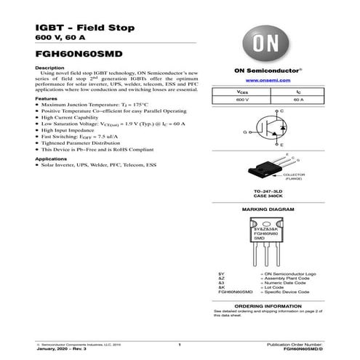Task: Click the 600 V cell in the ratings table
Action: click(x=241, y=100)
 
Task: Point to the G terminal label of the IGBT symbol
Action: click(x=245, y=132)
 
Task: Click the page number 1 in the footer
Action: click(x=179, y=343)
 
